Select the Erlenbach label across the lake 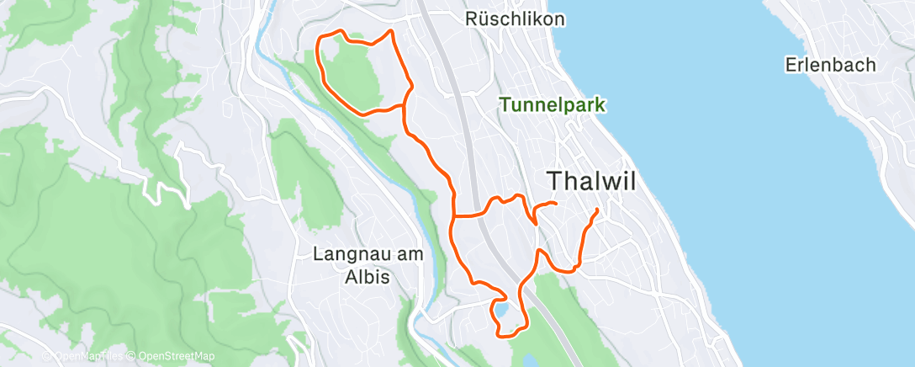pyautogui.click(x=830, y=65)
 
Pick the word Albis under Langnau pyautogui.click(x=368, y=276)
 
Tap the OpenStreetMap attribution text pyautogui.click(x=172, y=356)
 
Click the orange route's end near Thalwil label pyautogui.click(x=556, y=204)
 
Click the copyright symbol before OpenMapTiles pyautogui.click(x=47, y=356)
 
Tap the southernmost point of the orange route pyautogui.click(x=503, y=336)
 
